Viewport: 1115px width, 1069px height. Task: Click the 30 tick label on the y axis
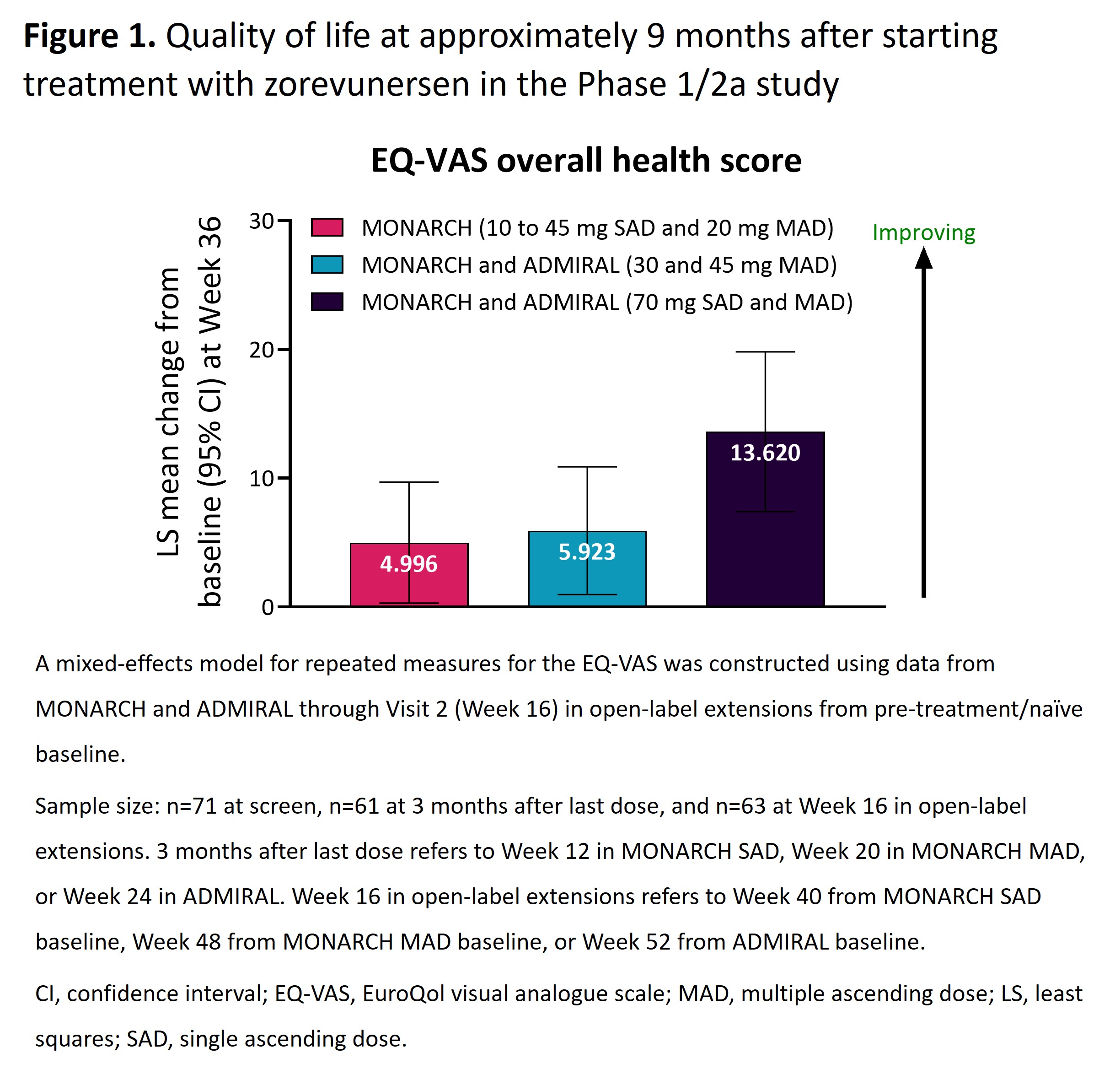click(261, 221)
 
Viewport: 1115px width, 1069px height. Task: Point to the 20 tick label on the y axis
click(261, 350)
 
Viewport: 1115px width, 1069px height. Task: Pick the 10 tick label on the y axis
click(261, 479)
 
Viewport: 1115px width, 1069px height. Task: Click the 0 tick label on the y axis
click(268, 607)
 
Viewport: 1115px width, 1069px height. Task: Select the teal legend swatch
click(327, 265)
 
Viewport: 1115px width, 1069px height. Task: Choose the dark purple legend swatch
click(327, 302)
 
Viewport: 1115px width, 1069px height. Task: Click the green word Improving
click(923, 233)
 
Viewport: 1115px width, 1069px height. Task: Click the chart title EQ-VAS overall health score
click(586, 160)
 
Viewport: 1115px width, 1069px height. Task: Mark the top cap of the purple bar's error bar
click(765, 352)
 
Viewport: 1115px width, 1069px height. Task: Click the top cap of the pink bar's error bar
click(408, 482)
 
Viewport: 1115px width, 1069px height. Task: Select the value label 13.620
click(765, 453)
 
